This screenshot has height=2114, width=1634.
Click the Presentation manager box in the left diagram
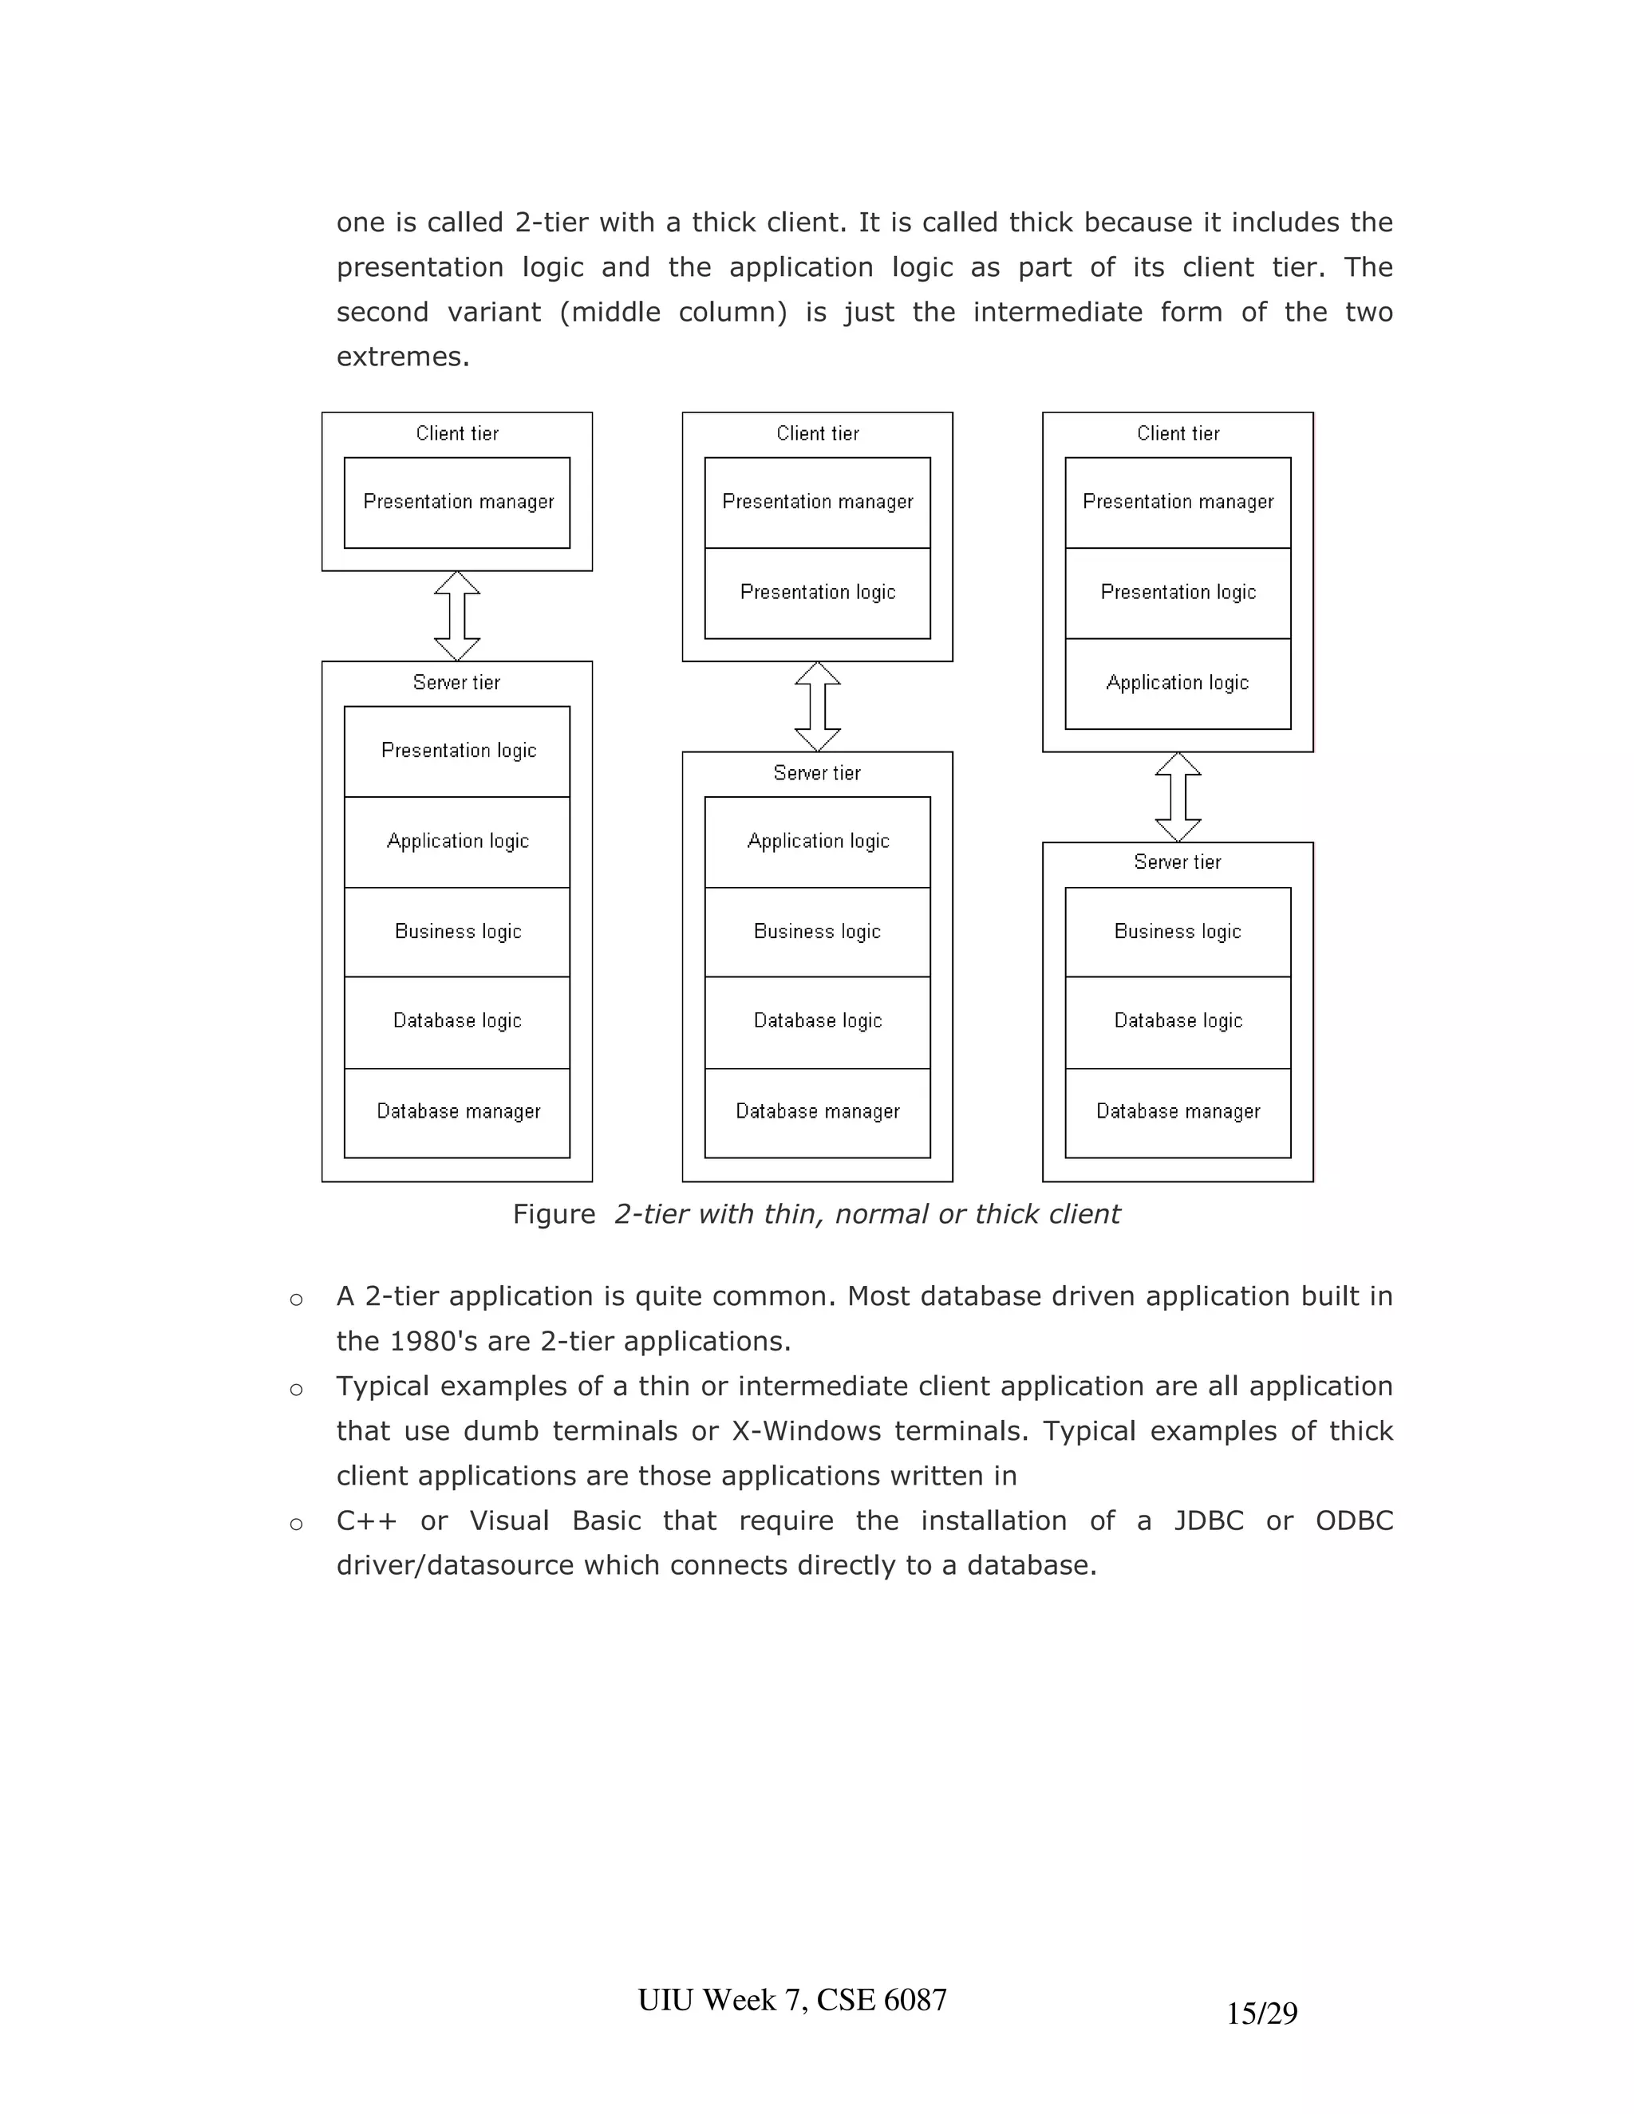pyautogui.click(x=457, y=503)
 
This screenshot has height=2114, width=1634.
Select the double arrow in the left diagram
pyautogui.click(x=457, y=616)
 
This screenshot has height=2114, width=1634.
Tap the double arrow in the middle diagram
pyautogui.click(x=817, y=707)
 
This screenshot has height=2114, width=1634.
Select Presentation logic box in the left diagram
pyautogui.click(x=457, y=751)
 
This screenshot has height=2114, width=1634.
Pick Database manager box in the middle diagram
pyautogui.click(x=817, y=1112)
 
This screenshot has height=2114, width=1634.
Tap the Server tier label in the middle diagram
pyautogui.click(x=817, y=772)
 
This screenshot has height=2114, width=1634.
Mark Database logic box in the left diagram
pyautogui.click(x=457, y=1021)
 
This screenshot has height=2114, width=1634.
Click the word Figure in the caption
pyautogui.click(x=554, y=1214)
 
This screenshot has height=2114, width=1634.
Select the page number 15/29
pyautogui.click(x=1261, y=2013)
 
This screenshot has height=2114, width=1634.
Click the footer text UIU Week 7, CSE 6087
pyautogui.click(x=791, y=1999)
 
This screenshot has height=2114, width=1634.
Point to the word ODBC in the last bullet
pyautogui.click(x=1353, y=1520)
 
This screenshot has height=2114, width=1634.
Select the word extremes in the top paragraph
pyautogui.click(x=402, y=357)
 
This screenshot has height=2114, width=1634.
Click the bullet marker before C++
pyautogui.click(x=296, y=1524)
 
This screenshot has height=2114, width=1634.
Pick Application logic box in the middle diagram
pyautogui.click(x=817, y=841)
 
